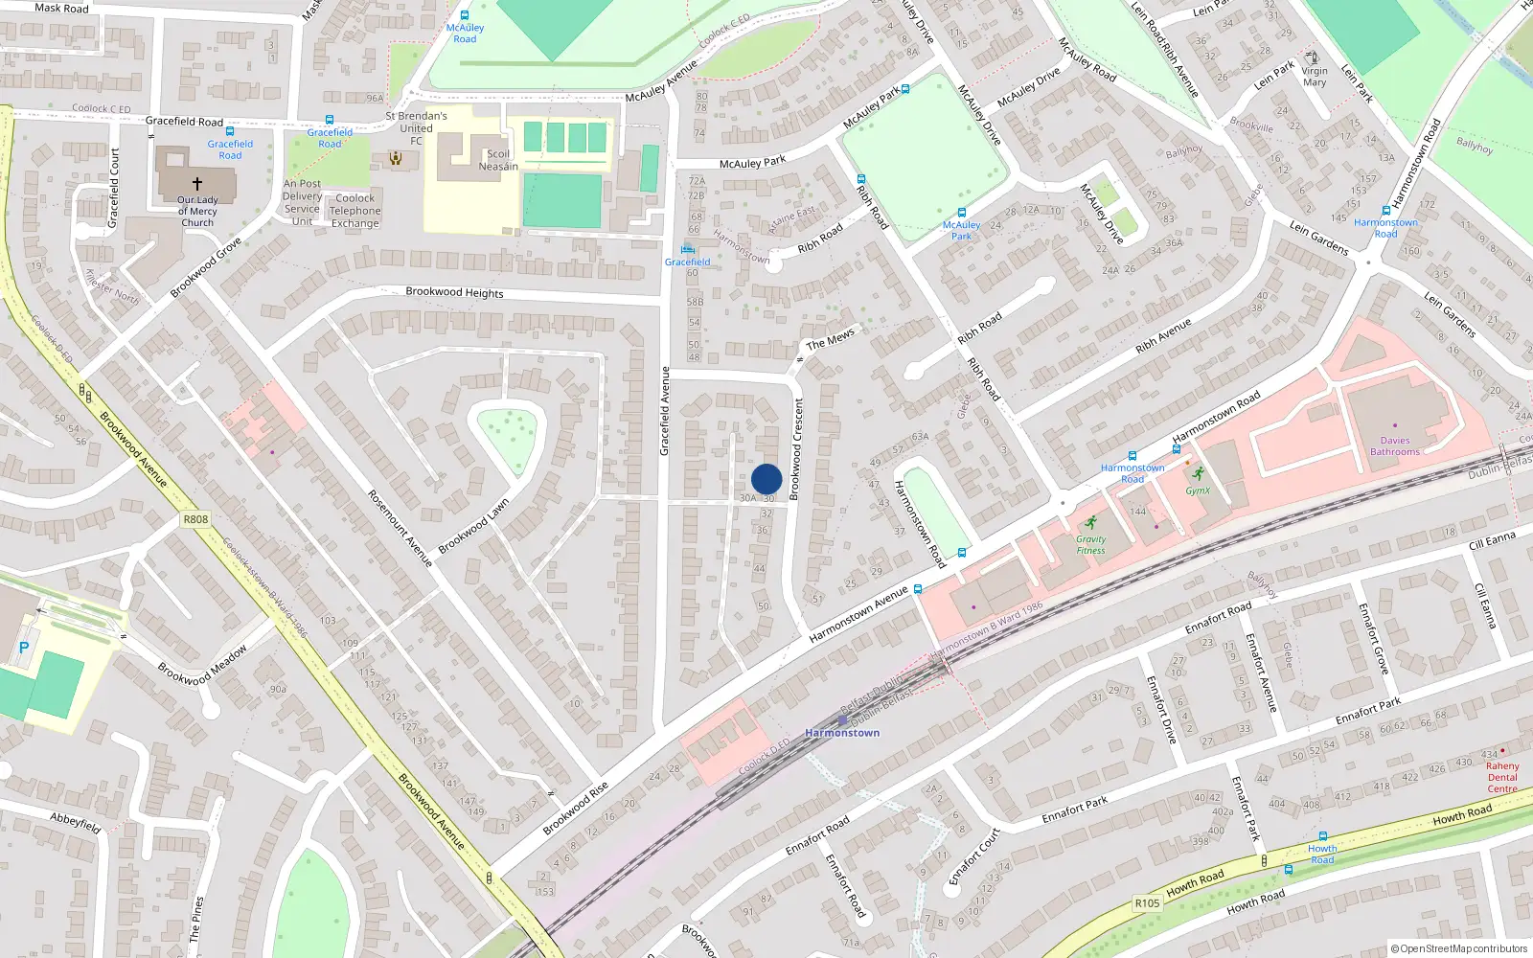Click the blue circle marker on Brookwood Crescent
tap(766, 479)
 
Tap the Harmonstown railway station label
tap(842, 733)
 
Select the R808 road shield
tap(195, 519)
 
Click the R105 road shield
tap(1147, 903)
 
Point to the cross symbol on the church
tap(197, 183)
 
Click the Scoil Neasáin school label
tap(498, 160)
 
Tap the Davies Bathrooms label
tap(1395, 446)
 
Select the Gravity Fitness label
tap(1090, 544)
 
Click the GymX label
tap(1198, 490)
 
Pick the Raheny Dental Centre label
tap(1502, 777)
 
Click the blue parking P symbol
tap(24, 648)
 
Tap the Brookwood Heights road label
tap(454, 292)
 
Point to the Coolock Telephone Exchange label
tap(355, 211)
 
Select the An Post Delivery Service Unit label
tap(302, 202)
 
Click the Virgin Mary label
tap(1315, 77)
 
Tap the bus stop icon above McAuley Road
tap(465, 16)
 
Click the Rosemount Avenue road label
tap(400, 528)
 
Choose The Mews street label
tap(830, 339)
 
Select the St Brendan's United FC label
tap(416, 127)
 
